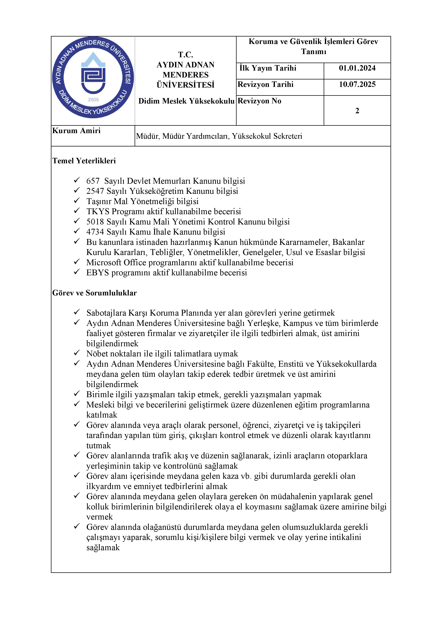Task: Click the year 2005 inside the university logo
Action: [x=93, y=100]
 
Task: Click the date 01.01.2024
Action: [x=357, y=68]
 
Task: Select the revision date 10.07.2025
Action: [x=357, y=84]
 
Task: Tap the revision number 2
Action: [x=357, y=111]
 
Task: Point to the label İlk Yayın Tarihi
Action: [x=268, y=68]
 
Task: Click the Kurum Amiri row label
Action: [x=76, y=131]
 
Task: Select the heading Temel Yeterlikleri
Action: [x=84, y=161]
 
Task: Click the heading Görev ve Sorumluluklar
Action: [x=94, y=293]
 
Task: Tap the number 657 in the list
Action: [x=93, y=181]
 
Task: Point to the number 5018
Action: [x=95, y=222]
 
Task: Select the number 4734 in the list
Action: [x=95, y=232]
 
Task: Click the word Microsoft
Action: [x=104, y=263]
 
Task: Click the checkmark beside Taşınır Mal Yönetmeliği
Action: [x=77, y=201]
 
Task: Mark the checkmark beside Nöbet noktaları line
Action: [x=77, y=353]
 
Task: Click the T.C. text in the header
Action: [x=186, y=55]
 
